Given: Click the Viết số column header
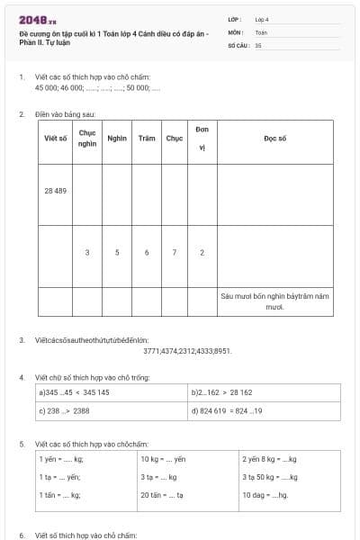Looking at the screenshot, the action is [x=55, y=139].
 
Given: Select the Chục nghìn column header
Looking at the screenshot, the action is [x=87, y=139].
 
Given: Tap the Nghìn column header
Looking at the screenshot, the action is [x=116, y=139].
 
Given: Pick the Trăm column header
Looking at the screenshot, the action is [x=146, y=139].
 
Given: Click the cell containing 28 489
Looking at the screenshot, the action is [x=55, y=191].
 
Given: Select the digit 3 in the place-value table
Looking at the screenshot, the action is [x=87, y=252].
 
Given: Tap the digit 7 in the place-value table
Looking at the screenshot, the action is [x=174, y=252].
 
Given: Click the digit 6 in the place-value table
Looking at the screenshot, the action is [x=146, y=252].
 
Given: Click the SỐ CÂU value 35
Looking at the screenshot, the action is [x=258, y=44].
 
